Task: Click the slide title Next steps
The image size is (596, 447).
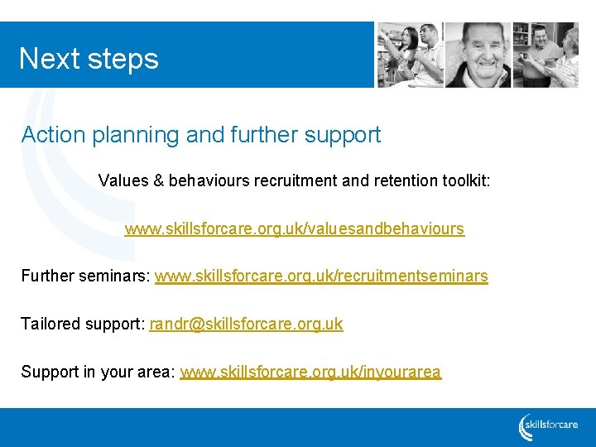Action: pos(89,59)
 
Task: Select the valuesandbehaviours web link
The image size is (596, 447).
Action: pos(294,228)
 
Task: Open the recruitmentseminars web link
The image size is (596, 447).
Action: pos(321,276)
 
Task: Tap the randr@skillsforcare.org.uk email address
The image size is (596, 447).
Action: pos(246,324)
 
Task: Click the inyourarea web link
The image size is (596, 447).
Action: pos(310,372)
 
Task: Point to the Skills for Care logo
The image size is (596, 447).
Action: pos(548,426)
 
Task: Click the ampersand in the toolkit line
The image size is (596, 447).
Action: pos(158,180)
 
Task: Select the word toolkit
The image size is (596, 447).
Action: pos(464,180)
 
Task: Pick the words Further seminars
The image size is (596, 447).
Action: pos(85,276)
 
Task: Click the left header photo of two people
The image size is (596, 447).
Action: pos(409,55)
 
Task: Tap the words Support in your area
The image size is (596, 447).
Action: pos(98,372)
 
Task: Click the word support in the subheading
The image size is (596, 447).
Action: pos(343,136)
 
